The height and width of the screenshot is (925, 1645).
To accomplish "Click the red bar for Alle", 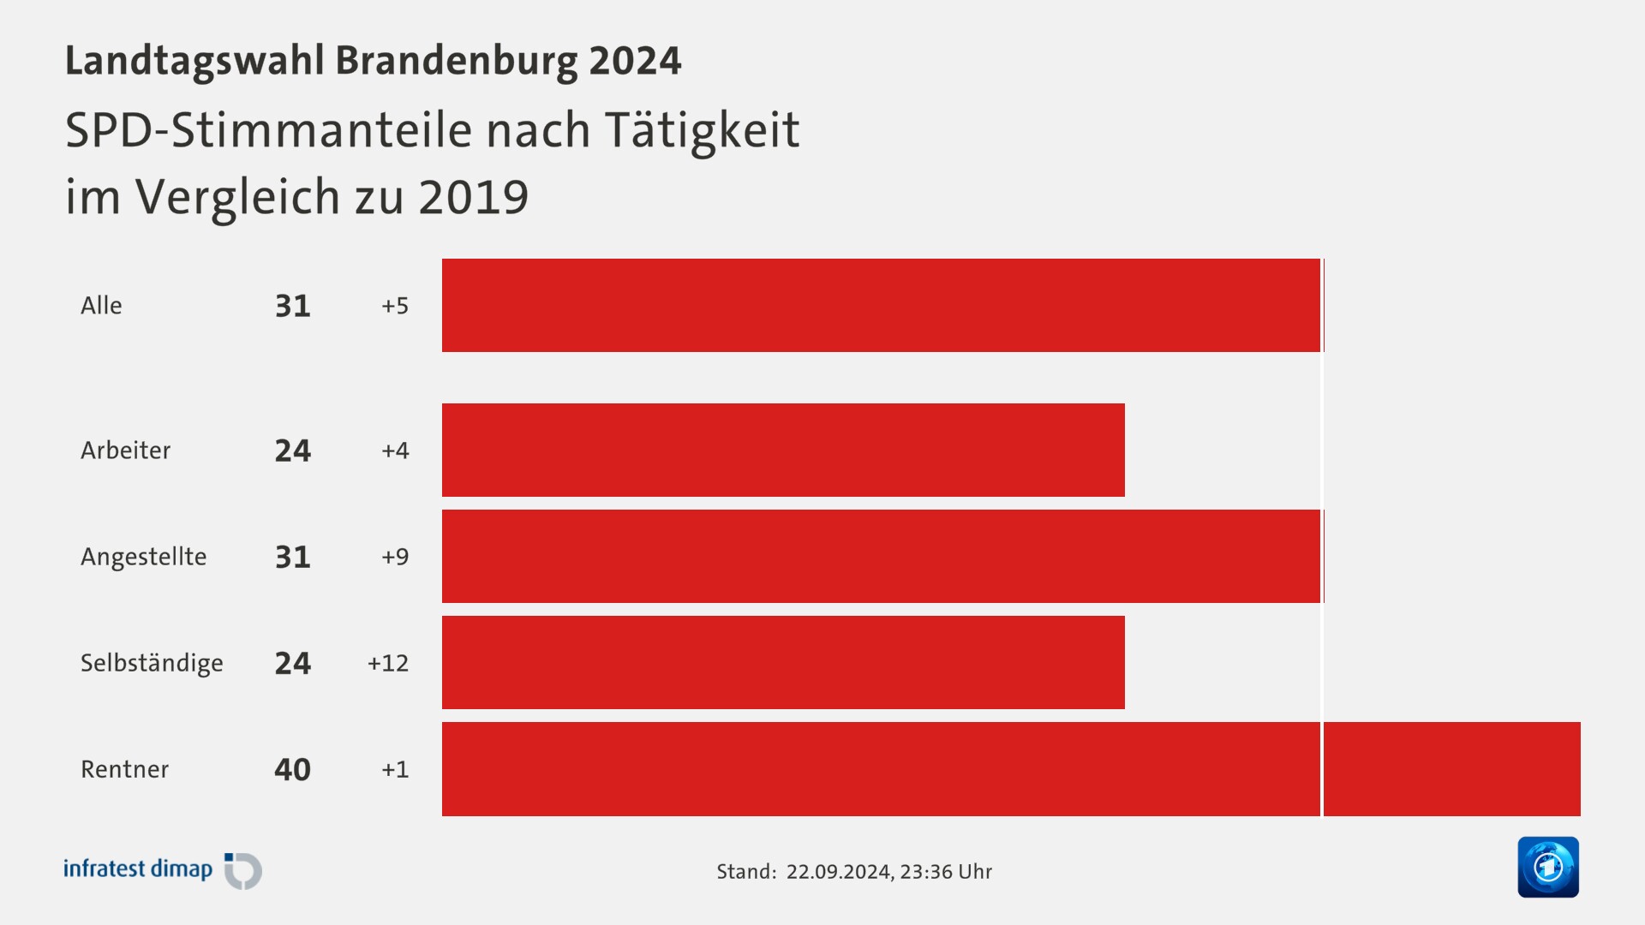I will [x=881, y=305].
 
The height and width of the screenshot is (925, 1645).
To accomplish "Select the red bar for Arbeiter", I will [x=783, y=450].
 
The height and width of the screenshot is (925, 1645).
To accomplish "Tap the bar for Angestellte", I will [x=881, y=556].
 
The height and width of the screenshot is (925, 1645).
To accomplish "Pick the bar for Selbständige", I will [x=783, y=662].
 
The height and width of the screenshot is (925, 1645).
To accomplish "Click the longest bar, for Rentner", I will [x=1011, y=768].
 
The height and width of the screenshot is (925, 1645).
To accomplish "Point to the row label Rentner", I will [x=124, y=769].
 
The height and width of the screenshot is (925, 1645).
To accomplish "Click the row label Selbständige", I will [x=152, y=663].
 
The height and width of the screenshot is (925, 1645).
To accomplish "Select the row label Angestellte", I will [x=143, y=557].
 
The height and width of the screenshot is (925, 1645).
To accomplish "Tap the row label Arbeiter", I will [x=125, y=451].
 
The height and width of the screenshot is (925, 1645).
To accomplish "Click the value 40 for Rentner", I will [x=292, y=769].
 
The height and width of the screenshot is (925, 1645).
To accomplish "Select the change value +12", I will [x=387, y=663].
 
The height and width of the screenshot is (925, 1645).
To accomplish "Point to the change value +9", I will [x=395, y=557].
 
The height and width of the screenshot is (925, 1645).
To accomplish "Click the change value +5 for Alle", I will [x=395, y=306].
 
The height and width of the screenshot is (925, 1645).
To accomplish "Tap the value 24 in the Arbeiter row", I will [x=292, y=451].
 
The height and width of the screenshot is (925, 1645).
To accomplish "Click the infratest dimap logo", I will [x=162, y=870].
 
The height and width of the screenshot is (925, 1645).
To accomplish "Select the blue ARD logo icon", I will [x=1547, y=867].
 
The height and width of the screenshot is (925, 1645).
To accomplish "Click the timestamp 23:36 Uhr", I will [x=946, y=872].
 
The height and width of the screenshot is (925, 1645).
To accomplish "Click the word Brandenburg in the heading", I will [x=457, y=61].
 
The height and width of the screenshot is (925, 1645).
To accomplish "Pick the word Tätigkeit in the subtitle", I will [x=702, y=130].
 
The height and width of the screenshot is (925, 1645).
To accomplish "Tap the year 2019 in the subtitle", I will [x=473, y=197].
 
